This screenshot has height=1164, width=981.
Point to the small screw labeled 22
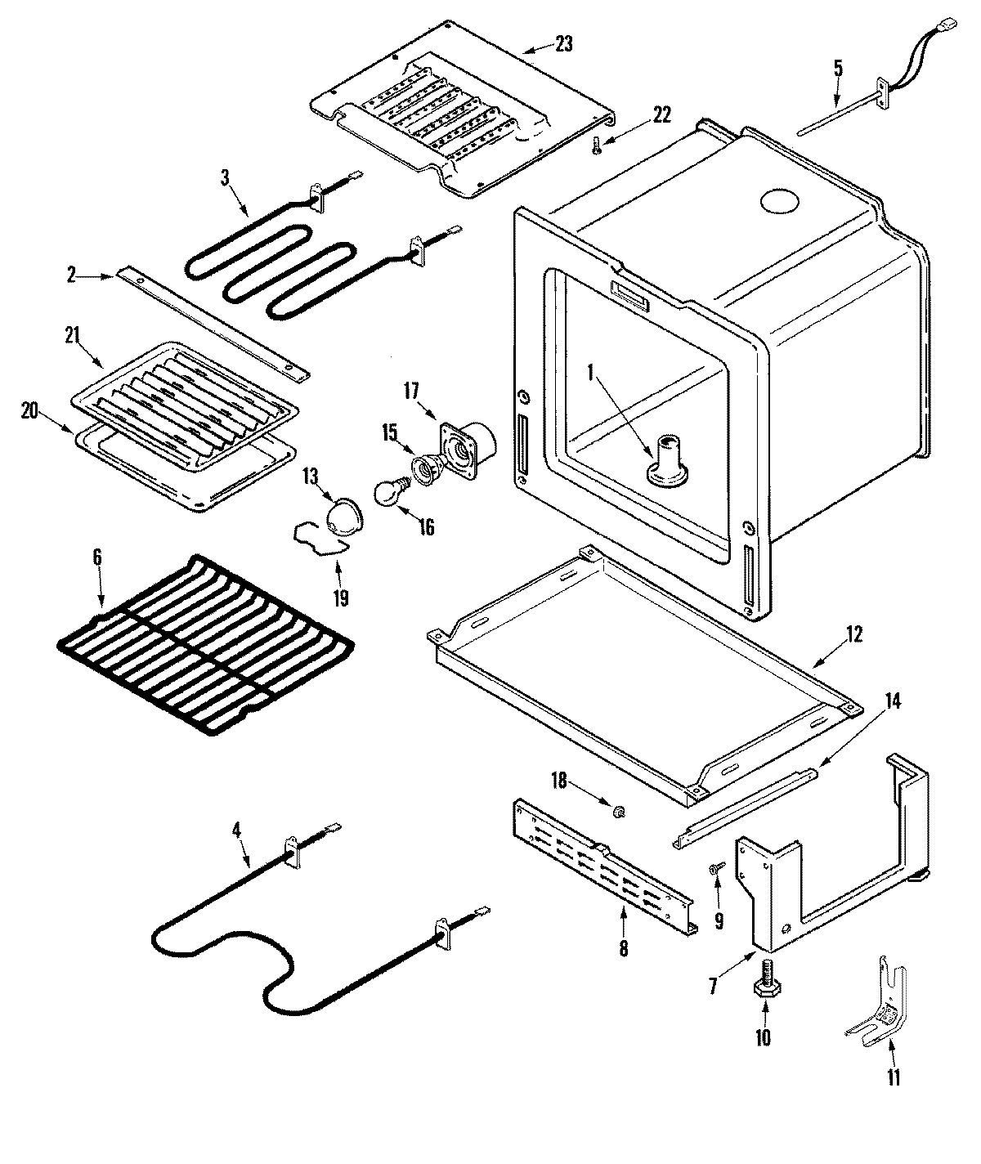pyautogui.click(x=595, y=146)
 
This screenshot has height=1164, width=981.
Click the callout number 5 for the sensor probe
pyautogui.click(x=838, y=68)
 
